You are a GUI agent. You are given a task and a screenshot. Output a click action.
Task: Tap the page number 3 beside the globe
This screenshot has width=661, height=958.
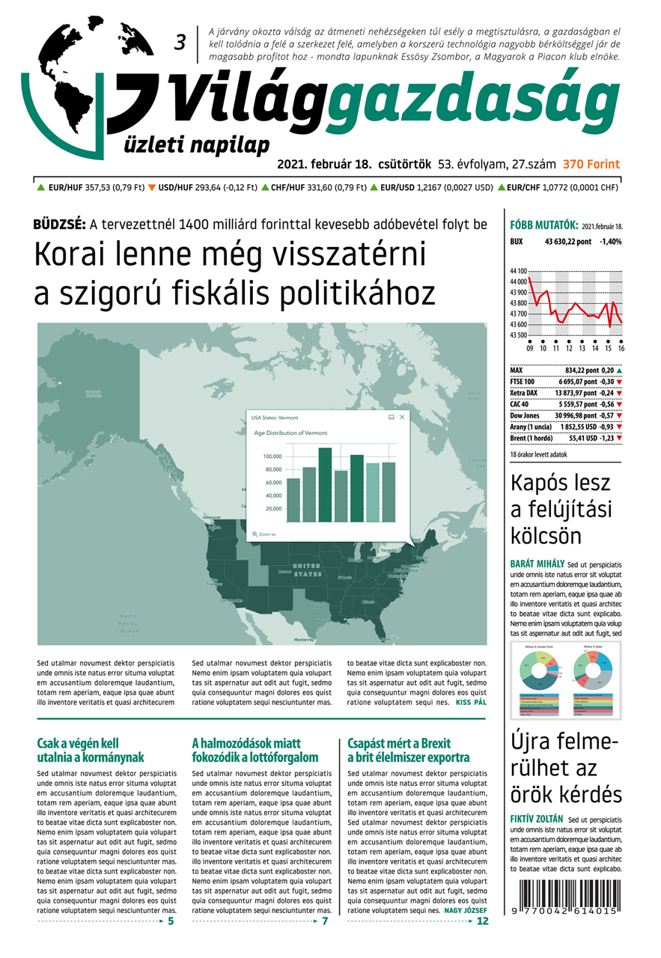(x=180, y=43)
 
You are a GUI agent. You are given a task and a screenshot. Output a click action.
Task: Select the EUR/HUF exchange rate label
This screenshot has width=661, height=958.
(x=65, y=188)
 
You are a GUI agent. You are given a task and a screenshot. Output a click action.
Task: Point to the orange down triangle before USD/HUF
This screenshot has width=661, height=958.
(x=152, y=188)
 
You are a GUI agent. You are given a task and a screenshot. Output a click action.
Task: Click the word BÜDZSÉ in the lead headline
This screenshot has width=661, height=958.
(x=59, y=223)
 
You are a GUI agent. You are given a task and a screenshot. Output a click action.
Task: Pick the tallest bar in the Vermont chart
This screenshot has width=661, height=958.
(x=325, y=484)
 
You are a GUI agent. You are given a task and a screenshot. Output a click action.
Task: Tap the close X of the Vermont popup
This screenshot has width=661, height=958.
(x=402, y=417)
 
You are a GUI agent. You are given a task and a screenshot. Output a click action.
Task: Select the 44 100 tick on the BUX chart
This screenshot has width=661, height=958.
(x=517, y=271)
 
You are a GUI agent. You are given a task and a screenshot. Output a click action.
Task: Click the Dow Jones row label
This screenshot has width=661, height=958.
(x=525, y=415)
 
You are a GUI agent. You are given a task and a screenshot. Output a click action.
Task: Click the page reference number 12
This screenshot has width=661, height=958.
(x=482, y=921)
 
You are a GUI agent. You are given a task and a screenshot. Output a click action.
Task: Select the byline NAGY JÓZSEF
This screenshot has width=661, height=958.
(x=466, y=911)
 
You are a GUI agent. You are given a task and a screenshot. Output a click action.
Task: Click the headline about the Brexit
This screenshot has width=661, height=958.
(x=408, y=750)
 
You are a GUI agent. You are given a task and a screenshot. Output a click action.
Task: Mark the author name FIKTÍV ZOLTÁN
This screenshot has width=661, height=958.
(x=537, y=818)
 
